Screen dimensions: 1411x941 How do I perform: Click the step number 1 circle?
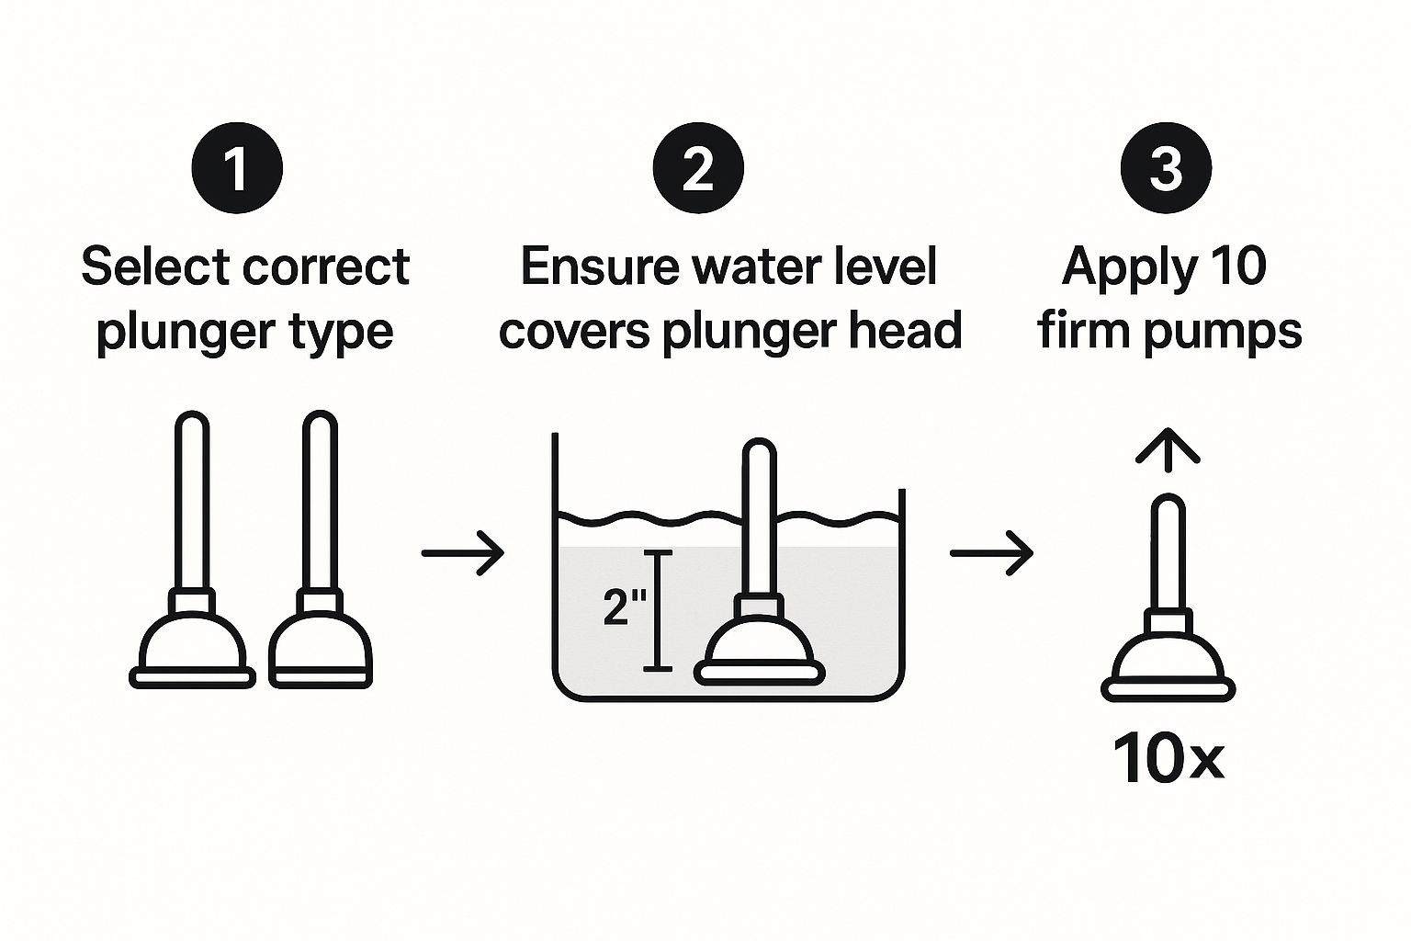[x=237, y=168]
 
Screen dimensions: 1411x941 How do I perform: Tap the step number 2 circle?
[x=698, y=168]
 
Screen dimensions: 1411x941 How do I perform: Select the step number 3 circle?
[x=1166, y=168]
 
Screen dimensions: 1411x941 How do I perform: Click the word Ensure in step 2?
[x=600, y=266]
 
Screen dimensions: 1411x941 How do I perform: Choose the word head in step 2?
[x=906, y=330]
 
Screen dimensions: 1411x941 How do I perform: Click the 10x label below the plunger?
[x=1168, y=758]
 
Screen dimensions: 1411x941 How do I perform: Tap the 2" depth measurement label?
[x=625, y=607]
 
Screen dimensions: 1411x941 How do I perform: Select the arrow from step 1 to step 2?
[x=463, y=553]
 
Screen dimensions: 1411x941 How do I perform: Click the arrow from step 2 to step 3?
[x=991, y=553]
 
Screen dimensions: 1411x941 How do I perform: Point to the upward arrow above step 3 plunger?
[x=1168, y=450]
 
